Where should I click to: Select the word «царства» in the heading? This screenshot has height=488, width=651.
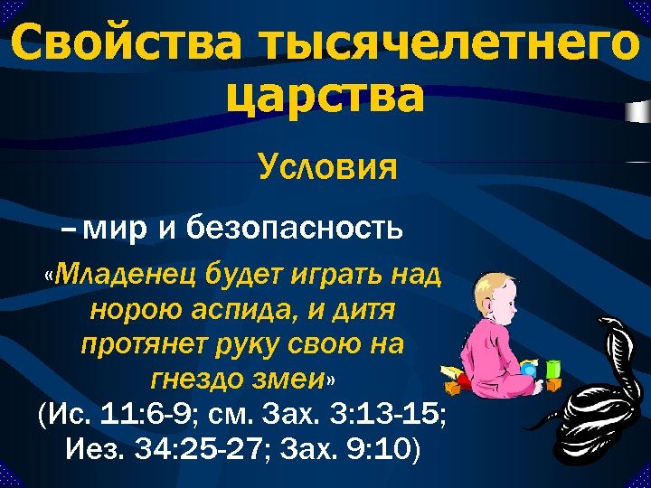click(x=325, y=97)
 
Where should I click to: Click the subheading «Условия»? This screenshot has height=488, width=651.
click(x=327, y=167)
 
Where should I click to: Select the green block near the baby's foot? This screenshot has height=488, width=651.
click(x=552, y=370)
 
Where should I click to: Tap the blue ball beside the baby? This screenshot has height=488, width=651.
click(x=528, y=370)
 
